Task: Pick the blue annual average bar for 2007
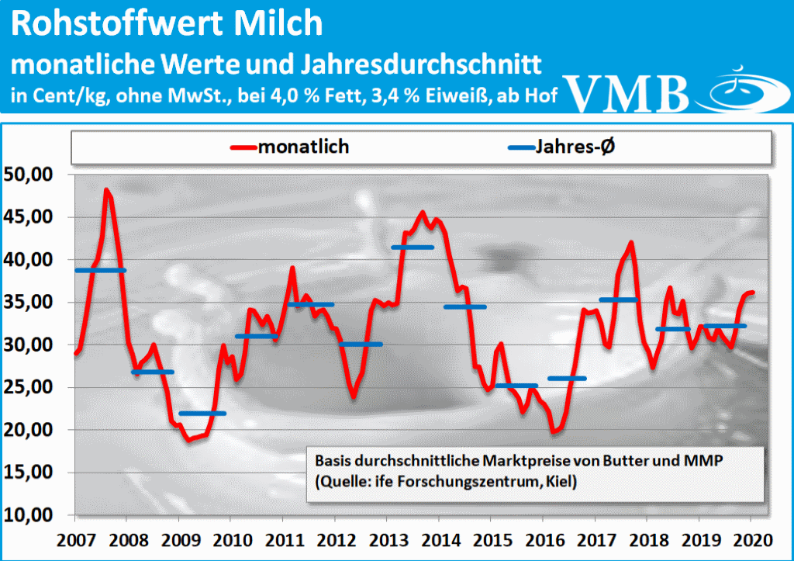(x=100, y=270)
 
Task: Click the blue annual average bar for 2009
(x=202, y=413)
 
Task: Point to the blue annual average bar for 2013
(x=412, y=248)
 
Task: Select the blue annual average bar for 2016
(x=567, y=379)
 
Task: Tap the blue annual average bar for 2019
(x=725, y=326)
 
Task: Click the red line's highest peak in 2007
(x=107, y=190)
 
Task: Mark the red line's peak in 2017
(x=631, y=243)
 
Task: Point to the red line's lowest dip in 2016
(x=554, y=431)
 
